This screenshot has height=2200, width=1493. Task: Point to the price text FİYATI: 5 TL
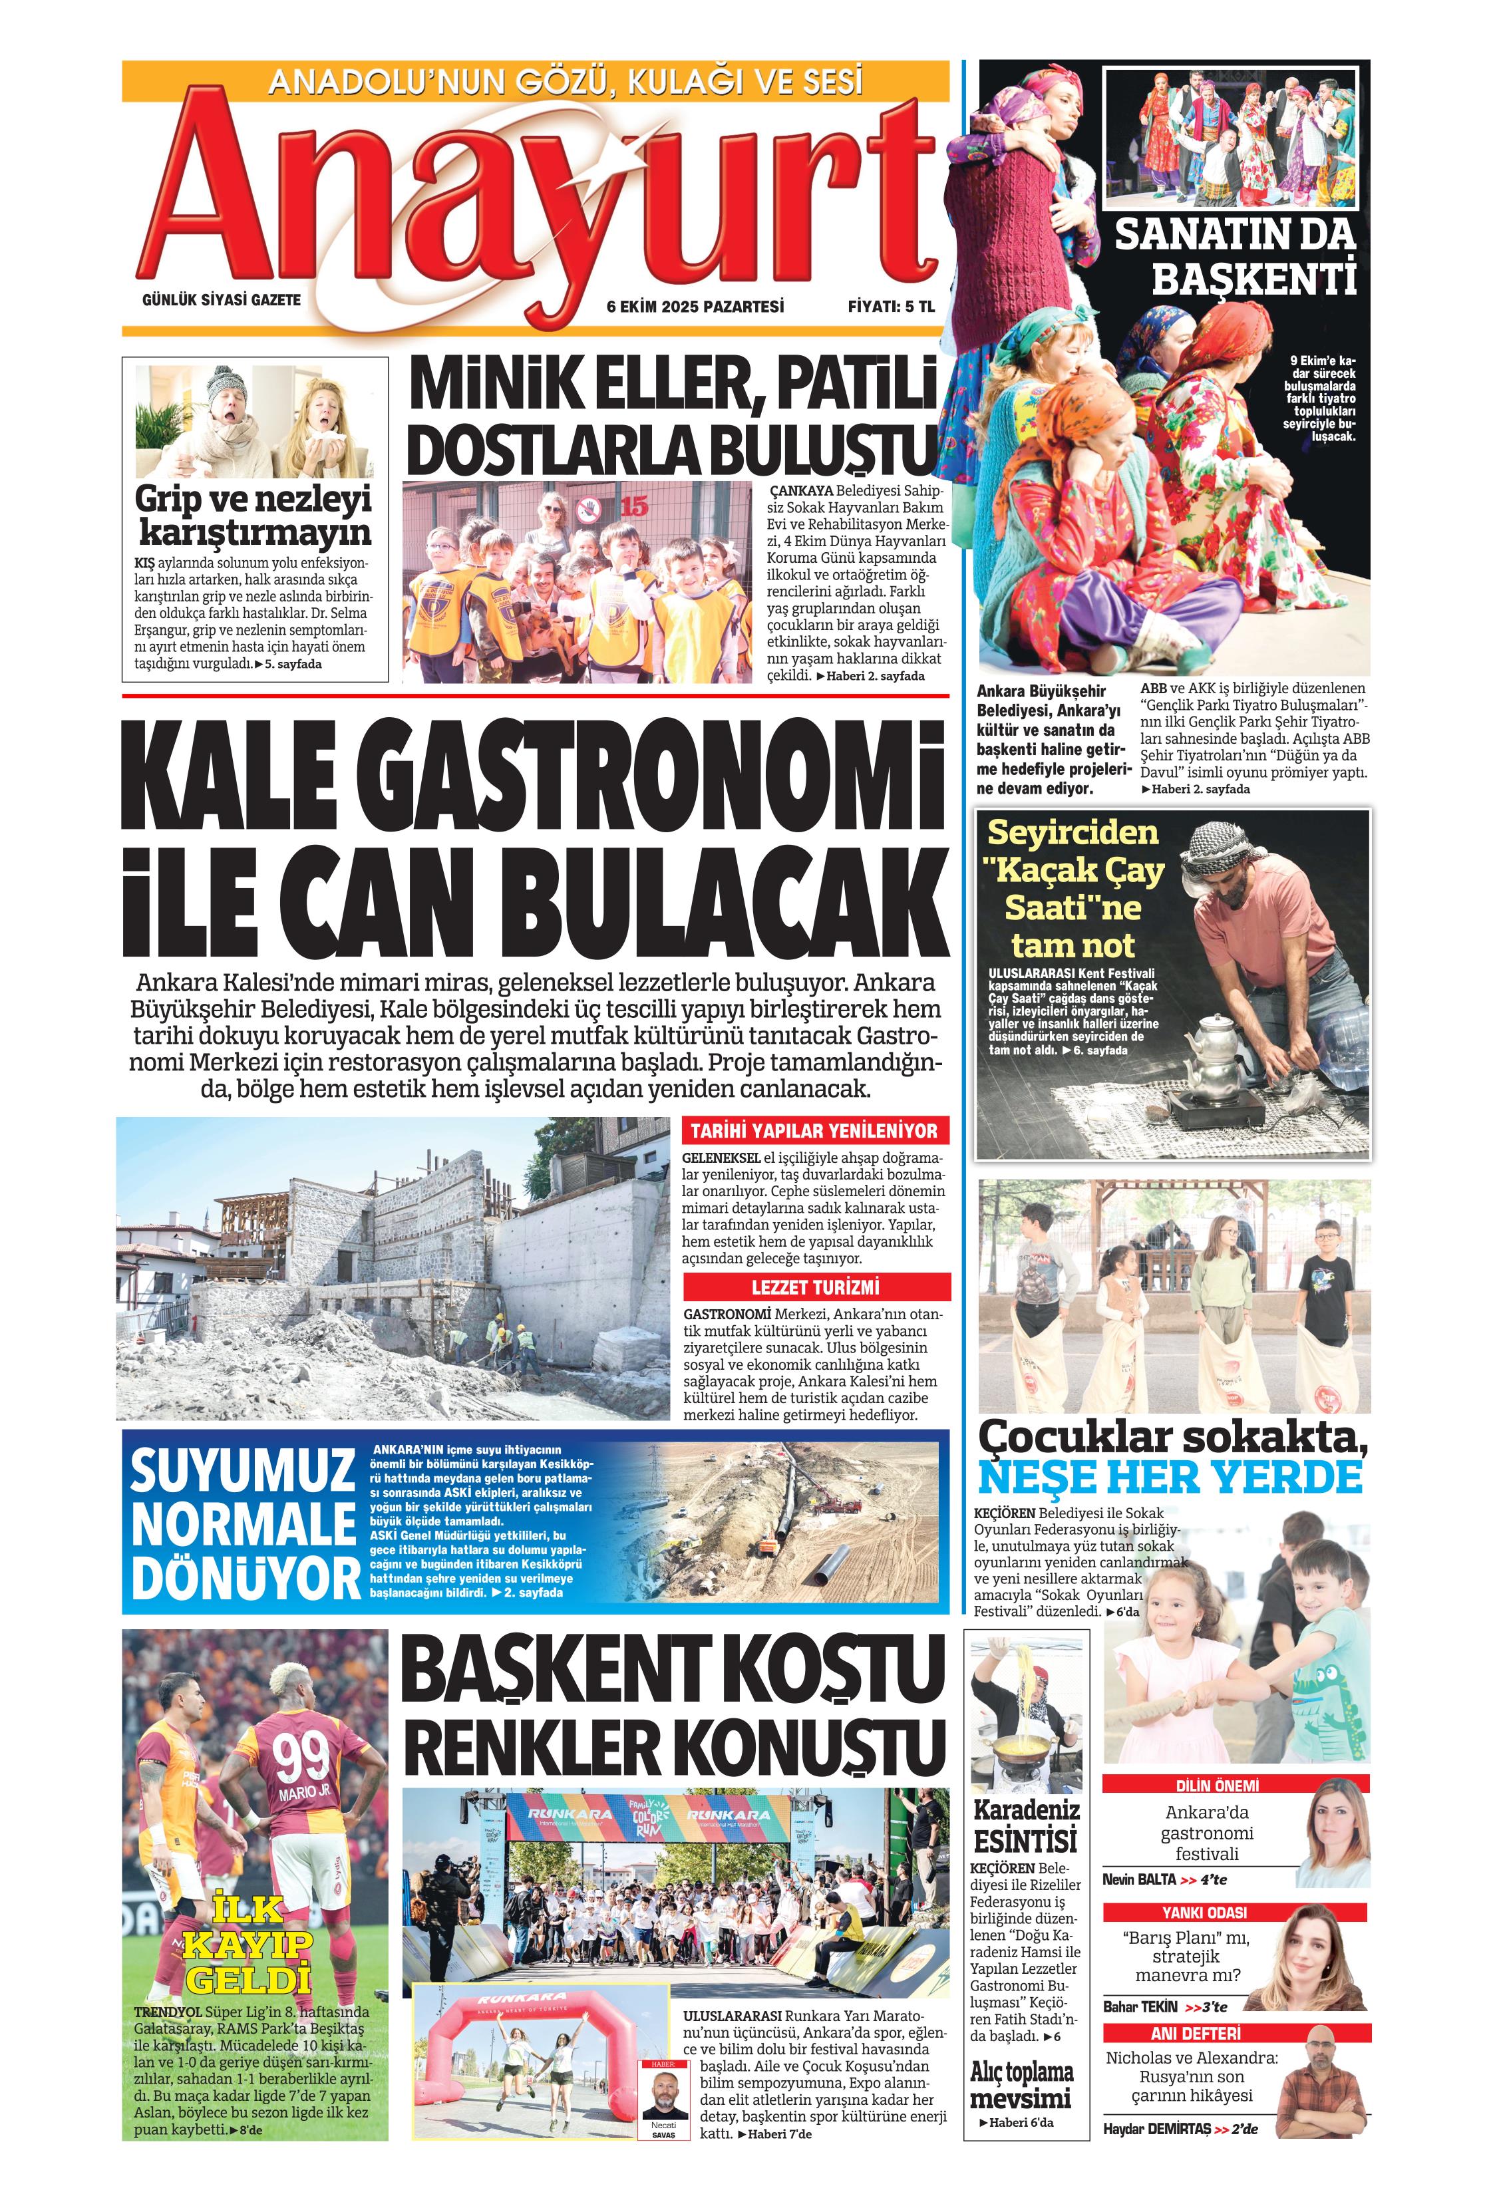pos(890,307)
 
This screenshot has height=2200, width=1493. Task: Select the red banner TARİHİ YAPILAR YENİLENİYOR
pos(814,1130)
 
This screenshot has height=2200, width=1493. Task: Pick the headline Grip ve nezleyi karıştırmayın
pos(253,516)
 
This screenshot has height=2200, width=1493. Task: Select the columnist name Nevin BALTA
pos(1138,1879)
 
